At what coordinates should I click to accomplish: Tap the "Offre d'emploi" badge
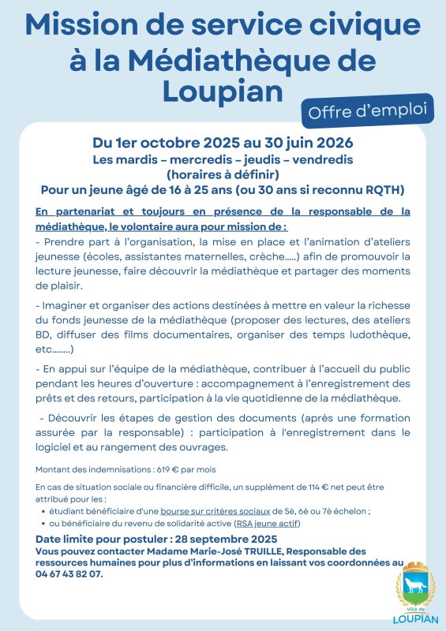[367, 111]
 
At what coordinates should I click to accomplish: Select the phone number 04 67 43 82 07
[69, 573]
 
